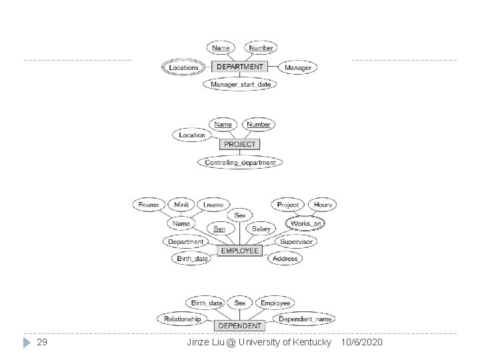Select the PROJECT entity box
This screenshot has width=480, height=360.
click(240, 144)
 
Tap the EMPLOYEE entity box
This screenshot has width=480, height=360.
click(240, 251)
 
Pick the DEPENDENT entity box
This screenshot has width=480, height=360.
click(240, 325)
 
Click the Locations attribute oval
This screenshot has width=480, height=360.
click(184, 67)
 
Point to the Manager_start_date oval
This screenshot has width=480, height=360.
click(241, 85)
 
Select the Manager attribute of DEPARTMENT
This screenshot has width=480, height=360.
click(297, 67)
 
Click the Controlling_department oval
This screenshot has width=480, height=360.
click(240, 162)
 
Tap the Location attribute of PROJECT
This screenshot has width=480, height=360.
click(192, 135)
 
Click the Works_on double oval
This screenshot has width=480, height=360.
click(306, 223)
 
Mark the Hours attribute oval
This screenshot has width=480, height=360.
click(323, 205)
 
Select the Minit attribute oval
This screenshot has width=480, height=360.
click(181, 205)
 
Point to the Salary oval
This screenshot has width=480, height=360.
click(261, 229)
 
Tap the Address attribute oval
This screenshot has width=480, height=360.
click(285, 258)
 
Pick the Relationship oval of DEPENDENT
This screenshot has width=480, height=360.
click(183, 319)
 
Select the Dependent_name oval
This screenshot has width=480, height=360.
click(305, 319)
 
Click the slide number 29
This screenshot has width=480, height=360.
click(41, 342)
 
